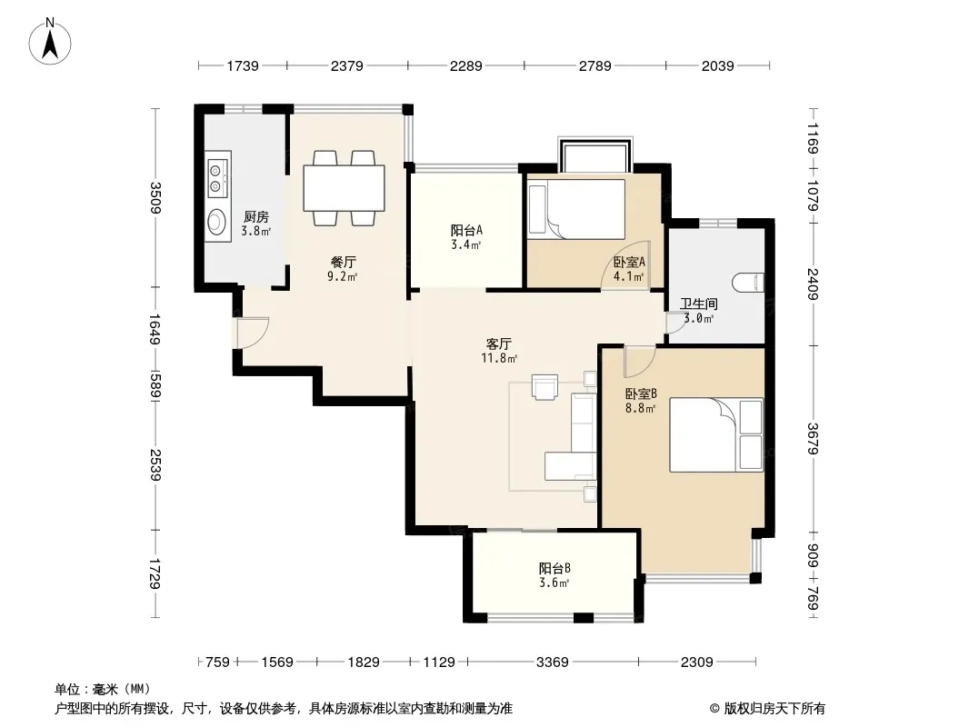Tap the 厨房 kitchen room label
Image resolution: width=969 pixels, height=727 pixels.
[x=255, y=217]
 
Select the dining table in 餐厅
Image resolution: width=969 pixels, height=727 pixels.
[x=345, y=188]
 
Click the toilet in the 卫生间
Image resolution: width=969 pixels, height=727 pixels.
[x=748, y=283]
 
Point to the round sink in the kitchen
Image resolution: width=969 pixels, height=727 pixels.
[x=216, y=221]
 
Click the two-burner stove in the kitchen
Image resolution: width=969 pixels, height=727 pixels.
[x=217, y=178]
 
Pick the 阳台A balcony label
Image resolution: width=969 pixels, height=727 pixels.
[x=466, y=231]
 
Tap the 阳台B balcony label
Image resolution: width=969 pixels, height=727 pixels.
[x=554, y=568]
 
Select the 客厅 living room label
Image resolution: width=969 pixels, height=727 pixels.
[x=499, y=344]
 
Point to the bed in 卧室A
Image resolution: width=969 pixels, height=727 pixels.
[x=576, y=209]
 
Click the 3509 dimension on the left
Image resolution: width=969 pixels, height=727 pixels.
[x=155, y=198]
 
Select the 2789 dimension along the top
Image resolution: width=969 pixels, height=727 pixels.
[x=595, y=65]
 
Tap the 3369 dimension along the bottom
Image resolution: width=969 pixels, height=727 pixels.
[x=553, y=662]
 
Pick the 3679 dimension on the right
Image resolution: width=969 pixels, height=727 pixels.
[x=814, y=439]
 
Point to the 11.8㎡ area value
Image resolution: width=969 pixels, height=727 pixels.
[x=499, y=358]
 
